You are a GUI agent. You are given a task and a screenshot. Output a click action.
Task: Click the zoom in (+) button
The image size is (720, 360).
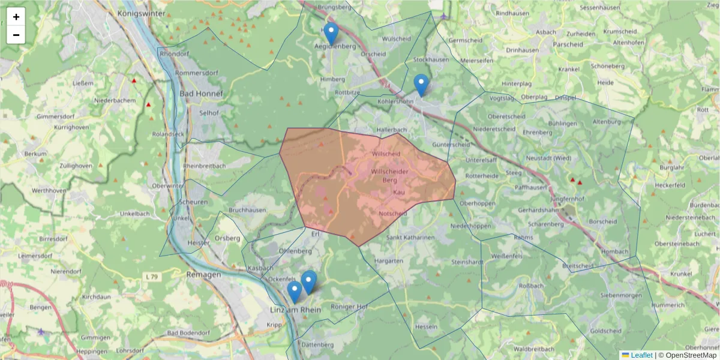[x=16, y=17]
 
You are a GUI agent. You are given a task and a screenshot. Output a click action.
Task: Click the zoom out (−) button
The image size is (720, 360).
[x=16, y=35]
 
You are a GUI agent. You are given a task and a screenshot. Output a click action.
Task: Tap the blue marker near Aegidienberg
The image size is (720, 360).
[x=331, y=34]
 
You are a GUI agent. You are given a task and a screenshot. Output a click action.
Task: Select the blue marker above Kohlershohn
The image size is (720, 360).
[x=422, y=85]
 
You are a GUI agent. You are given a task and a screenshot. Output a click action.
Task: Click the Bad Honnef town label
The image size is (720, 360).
[x=201, y=94]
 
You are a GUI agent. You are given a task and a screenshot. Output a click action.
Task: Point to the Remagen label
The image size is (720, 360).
[x=203, y=274]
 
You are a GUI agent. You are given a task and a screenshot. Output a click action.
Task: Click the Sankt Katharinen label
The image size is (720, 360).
[x=410, y=238]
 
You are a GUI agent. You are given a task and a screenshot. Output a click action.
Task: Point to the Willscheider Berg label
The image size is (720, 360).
[x=391, y=176]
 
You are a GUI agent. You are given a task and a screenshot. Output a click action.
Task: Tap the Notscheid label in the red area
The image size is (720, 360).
[x=394, y=214]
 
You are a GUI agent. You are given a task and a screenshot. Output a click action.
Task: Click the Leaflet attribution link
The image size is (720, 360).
[x=641, y=355]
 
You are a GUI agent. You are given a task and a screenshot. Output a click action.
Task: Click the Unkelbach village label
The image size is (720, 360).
[x=135, y=214]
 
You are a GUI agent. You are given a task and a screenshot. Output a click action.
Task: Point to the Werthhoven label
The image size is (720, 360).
[x=49, y=190]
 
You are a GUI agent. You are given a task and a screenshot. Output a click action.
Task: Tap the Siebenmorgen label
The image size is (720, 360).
[x=622, y=295]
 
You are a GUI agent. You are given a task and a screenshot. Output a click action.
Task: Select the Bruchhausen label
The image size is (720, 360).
[x=247, y=210]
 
